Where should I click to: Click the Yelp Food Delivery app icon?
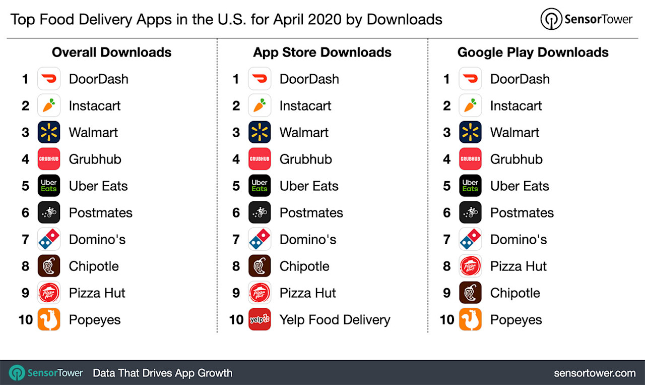260,319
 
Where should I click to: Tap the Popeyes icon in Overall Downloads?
49,319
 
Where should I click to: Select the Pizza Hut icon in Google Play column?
470,266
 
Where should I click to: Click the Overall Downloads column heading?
111,52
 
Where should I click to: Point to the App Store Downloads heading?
322,52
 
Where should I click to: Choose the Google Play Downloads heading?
533,52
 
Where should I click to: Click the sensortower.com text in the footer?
595,373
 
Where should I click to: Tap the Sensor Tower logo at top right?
586,20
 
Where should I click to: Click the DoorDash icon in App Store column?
260,79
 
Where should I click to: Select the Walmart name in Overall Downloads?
93,133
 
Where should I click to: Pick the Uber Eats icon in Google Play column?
470,186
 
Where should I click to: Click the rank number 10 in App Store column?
236,320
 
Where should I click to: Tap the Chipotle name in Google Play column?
514,293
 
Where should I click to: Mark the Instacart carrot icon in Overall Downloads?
49,105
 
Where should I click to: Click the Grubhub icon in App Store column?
260,159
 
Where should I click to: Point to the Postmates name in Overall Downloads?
100,213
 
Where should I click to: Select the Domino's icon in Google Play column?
470,239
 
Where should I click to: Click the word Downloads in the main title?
404,20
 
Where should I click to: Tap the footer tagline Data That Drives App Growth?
162,373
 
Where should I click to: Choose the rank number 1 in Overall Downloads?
25,79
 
